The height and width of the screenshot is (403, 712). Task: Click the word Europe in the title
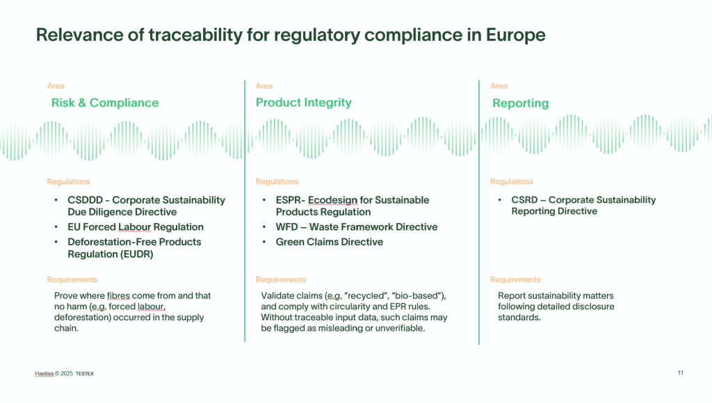[x=515, y=35]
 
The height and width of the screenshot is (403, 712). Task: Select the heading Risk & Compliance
[x=105, y=103]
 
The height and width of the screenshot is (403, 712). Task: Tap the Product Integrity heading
[x=304, y=103]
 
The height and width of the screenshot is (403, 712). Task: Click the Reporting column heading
[x=520, y=104]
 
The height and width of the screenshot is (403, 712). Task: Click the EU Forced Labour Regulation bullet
[x=136, y=227]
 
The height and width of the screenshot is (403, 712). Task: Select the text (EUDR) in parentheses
[x=138, y=254]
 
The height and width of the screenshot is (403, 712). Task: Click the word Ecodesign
[x=333, y=200]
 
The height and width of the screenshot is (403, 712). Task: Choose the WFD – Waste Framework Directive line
[x=357, y=227]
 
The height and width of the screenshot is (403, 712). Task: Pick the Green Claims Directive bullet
[x=329, y=242]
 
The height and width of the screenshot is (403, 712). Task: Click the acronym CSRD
[x=524, y=200]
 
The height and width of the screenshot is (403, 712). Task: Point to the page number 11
[x=680, y=372]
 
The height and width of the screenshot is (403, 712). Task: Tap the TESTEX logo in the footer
[x=84, y=374]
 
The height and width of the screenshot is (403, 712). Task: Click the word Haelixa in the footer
[x=44, y=374]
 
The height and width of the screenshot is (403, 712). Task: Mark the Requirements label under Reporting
[x=515, y=279]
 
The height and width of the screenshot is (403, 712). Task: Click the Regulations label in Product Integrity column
[x=277, y=181]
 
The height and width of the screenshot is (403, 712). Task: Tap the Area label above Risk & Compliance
[x=56, y=85]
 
